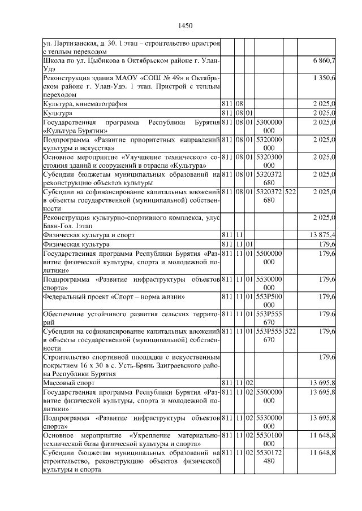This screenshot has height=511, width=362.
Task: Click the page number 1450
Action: coord(186,25)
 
